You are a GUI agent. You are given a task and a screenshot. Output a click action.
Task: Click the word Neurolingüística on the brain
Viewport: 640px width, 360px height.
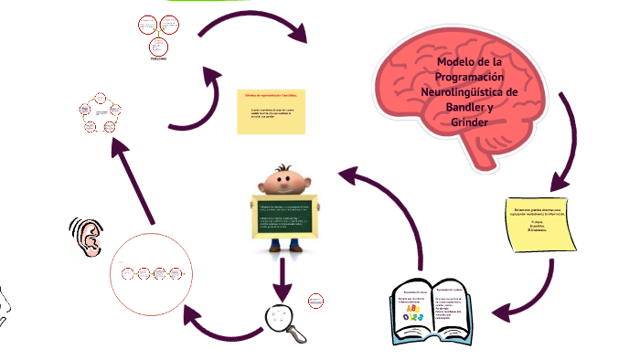[465, 92]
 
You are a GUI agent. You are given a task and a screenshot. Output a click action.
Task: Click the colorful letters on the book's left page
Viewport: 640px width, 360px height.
[412, 313]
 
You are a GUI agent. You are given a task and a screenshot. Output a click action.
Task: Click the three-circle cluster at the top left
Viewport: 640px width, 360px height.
[156, 36]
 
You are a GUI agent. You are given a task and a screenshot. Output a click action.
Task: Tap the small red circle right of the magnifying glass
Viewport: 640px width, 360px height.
[316, 301]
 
